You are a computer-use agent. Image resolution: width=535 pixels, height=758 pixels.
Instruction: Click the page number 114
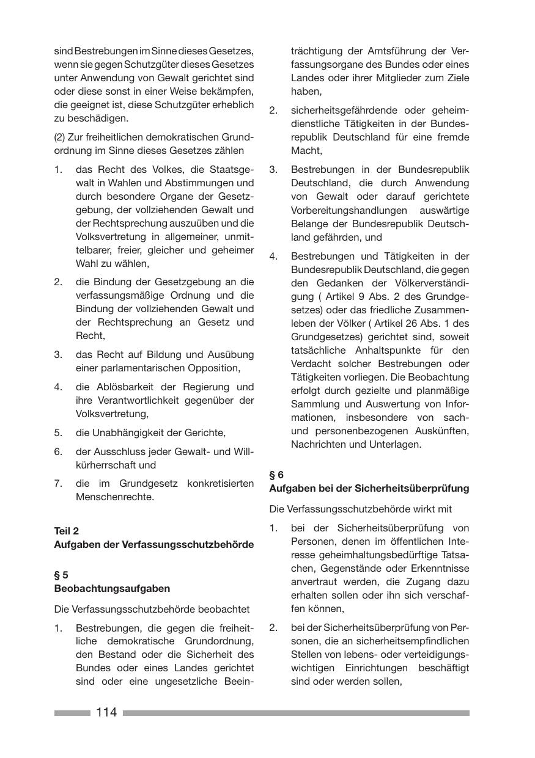(106, 712)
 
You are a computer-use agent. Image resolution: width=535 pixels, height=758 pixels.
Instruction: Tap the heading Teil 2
(67, 531)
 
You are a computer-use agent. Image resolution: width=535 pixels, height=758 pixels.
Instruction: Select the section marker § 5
(61, 575)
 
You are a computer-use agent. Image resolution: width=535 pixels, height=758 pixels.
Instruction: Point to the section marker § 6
(276, 475)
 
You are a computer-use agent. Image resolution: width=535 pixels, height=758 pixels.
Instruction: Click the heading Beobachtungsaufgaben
(112, 588)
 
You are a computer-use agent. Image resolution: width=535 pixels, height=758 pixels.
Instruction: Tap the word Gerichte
(205, 432)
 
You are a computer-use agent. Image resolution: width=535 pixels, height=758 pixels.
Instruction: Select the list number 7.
(58, 483)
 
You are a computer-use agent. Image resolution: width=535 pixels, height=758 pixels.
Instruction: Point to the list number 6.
(58, 451)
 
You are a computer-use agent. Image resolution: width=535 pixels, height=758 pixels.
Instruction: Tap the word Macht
(306, 150)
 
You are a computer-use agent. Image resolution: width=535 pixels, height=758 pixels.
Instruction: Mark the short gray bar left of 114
(72, 713)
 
